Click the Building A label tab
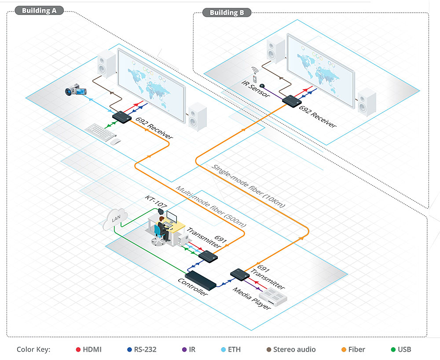pyautogui.click(x=39, y=11)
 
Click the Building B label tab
pyautogui.click(x=227, y=12)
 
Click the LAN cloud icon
pyautogui.click(x=115, y=219)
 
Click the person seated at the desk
pyautogui.click(x=161, y=228)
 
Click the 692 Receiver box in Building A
pyautogui.click(x=121, y=116)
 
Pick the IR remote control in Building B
pyautogui.click(x=254, y=73)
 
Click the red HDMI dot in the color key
pyautogui.click(x=78, y=350)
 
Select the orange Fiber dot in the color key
pyautogui.click(x=343, y=350)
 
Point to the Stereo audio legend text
pyautogui.click(x=294, y=350)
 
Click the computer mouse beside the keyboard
pyautogui.click(x=115, y=141)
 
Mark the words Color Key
pyautogui.click(x=33, y=350)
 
